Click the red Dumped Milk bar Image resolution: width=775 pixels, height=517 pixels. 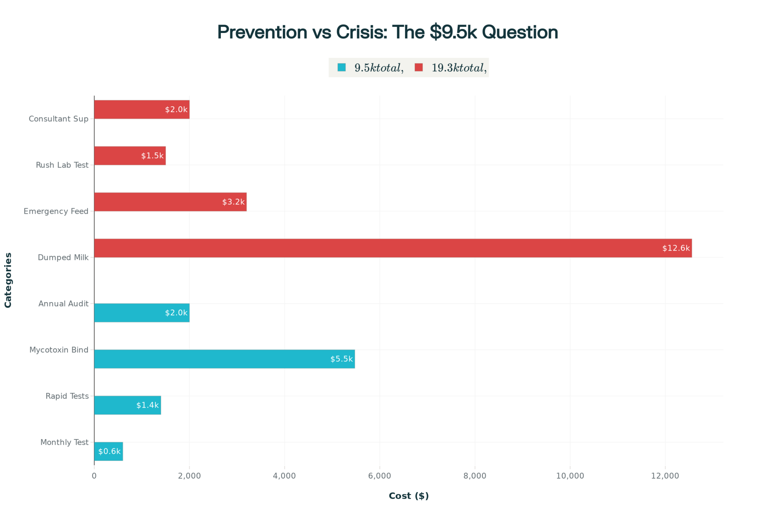click(x=393, y=248)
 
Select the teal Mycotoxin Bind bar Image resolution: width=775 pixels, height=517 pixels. click(x=224, y=359)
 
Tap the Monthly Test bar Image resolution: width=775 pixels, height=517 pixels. click(x=108, y=451)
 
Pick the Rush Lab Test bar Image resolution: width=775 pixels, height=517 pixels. click(x=130, y=156)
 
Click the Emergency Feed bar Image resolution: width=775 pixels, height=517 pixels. click(x=170, y=202)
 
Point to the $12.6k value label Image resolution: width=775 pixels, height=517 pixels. click(x=676, y=248)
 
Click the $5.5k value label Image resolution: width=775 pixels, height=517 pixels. click(x=341, y=359)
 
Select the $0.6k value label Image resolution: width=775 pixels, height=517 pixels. click(x=109, y=451)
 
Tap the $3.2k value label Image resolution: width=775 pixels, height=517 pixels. click(x=233, y=202)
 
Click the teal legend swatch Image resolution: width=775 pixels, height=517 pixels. click(x=341, y=67)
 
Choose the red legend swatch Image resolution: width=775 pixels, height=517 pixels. click(x=418, y=67)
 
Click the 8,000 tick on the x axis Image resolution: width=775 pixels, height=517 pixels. click(x=475, y=476)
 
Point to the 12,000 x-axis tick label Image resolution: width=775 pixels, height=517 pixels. click(x=665, y=476)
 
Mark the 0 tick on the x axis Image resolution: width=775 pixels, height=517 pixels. click(x=94, y=476)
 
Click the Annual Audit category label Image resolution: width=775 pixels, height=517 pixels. click(x=63, y=304)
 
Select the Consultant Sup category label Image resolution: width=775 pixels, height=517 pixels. click(x=59, y=119)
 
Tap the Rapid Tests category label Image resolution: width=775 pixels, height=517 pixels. click(x=67, y=396)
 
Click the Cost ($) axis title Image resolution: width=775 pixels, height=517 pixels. click(x=408, y=496)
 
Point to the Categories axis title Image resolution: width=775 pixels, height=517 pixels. click(x=8, y=280)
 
